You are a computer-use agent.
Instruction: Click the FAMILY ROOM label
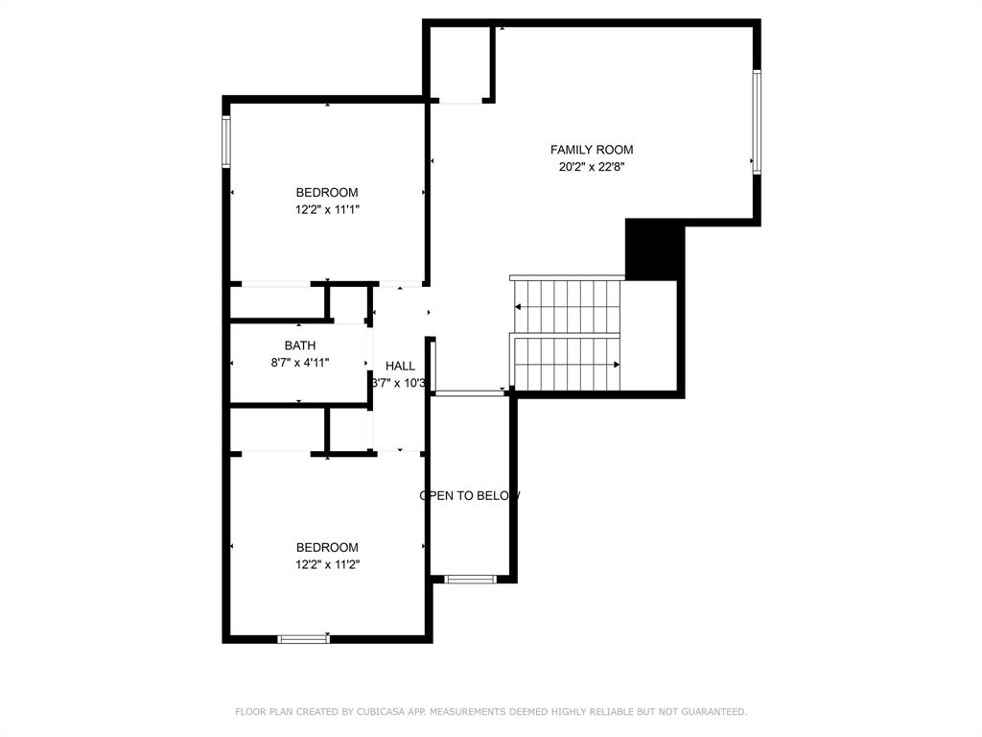[x=591, y=150]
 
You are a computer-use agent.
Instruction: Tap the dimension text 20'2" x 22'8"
[x=591, y=167]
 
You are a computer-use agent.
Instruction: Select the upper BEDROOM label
[x=327, y=193]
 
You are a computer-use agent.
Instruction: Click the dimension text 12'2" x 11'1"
[x=327, y=209]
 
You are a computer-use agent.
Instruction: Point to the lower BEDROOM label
[x=327, y=548]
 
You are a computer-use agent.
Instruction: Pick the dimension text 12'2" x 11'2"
[x=327, y=564]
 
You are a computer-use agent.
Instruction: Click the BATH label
[x=299, y=345]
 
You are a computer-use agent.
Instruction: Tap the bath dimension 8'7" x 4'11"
[x=299, y=363]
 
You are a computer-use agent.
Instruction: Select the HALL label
[x=400, y=366]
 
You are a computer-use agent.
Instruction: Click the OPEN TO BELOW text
[x=470, y=496]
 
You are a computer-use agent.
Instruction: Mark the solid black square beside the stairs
[x=654, y=250]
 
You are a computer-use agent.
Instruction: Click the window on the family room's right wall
[x=757, y=122]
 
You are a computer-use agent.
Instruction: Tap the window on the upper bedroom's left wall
[x=227, y=141]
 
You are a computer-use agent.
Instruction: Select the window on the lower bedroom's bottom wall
[x=303, y=638]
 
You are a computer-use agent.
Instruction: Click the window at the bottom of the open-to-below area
[x=470, y=579]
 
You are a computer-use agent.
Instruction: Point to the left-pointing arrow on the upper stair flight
[x=519, y=307]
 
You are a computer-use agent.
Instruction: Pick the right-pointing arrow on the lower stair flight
[x=616, y=365]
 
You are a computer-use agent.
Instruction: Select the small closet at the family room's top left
[x=461, y=62]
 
